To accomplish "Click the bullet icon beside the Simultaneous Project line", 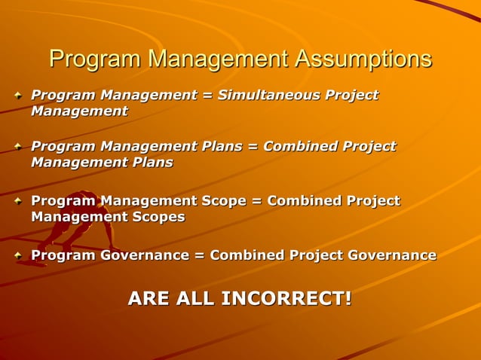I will coord(18,96).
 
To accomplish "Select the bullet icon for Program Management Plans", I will coord(18,147).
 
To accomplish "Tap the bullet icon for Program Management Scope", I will coord(18,201).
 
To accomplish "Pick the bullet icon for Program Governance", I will coord(18,256).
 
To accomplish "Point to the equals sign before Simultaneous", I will coord(207,95).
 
